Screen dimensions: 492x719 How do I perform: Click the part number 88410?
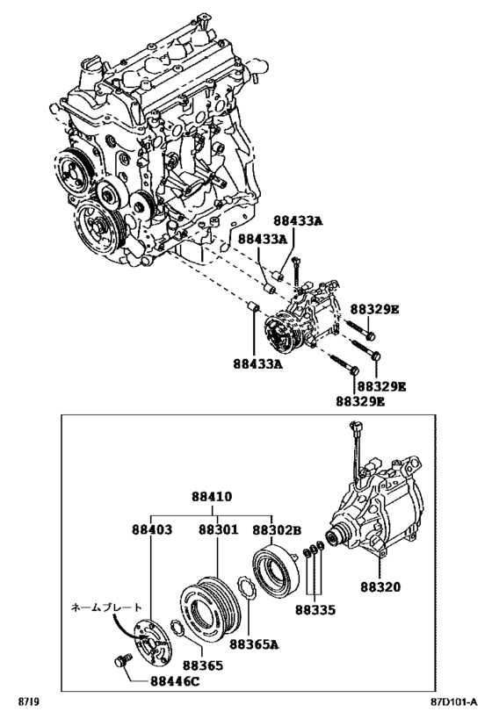(x=212, y=496)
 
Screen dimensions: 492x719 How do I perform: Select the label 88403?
(x=152, y=529)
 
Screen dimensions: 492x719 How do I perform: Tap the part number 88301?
(x=219, y=529)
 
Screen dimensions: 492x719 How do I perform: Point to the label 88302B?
(x=277, y=529)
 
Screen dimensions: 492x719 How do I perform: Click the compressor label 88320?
(x=380, y=586)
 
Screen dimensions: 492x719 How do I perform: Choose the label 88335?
(x=315, y=609)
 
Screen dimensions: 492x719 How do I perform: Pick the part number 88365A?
(x=254, y=644)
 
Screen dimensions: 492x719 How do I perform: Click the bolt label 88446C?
(x=175, y=681)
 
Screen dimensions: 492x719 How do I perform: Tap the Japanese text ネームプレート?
(x=106, y=608)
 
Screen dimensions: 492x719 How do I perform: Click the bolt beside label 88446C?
(x=122, y=662)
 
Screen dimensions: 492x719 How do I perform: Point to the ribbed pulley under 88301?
(x=209, y=609)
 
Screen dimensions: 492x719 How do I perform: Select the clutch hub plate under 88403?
(x=149, y=641)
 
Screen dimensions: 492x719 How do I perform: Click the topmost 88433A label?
(x=299, y=220)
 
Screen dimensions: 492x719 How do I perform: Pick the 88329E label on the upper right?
(x=375, y=309)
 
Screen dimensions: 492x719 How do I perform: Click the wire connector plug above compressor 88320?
(x=354, y=429)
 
